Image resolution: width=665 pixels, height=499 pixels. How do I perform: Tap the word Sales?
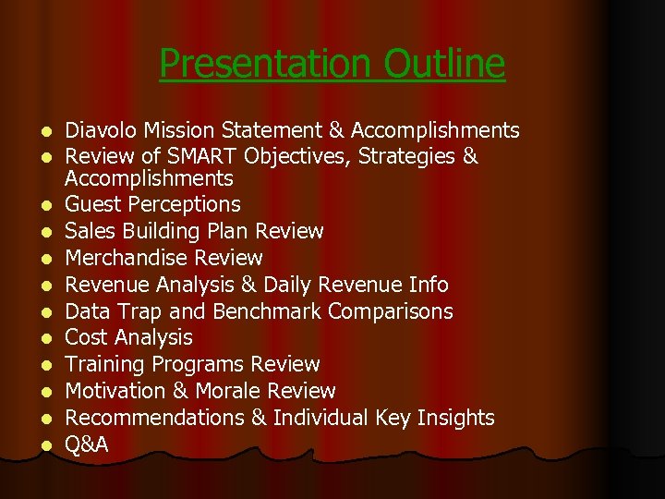click(91, 231)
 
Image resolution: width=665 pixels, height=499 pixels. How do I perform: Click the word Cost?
click(87, 338)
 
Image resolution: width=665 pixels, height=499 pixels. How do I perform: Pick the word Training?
click(106, 365)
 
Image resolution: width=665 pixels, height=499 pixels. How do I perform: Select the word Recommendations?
click(154, 419)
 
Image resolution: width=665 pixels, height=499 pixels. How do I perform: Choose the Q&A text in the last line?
click(87, 445)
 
